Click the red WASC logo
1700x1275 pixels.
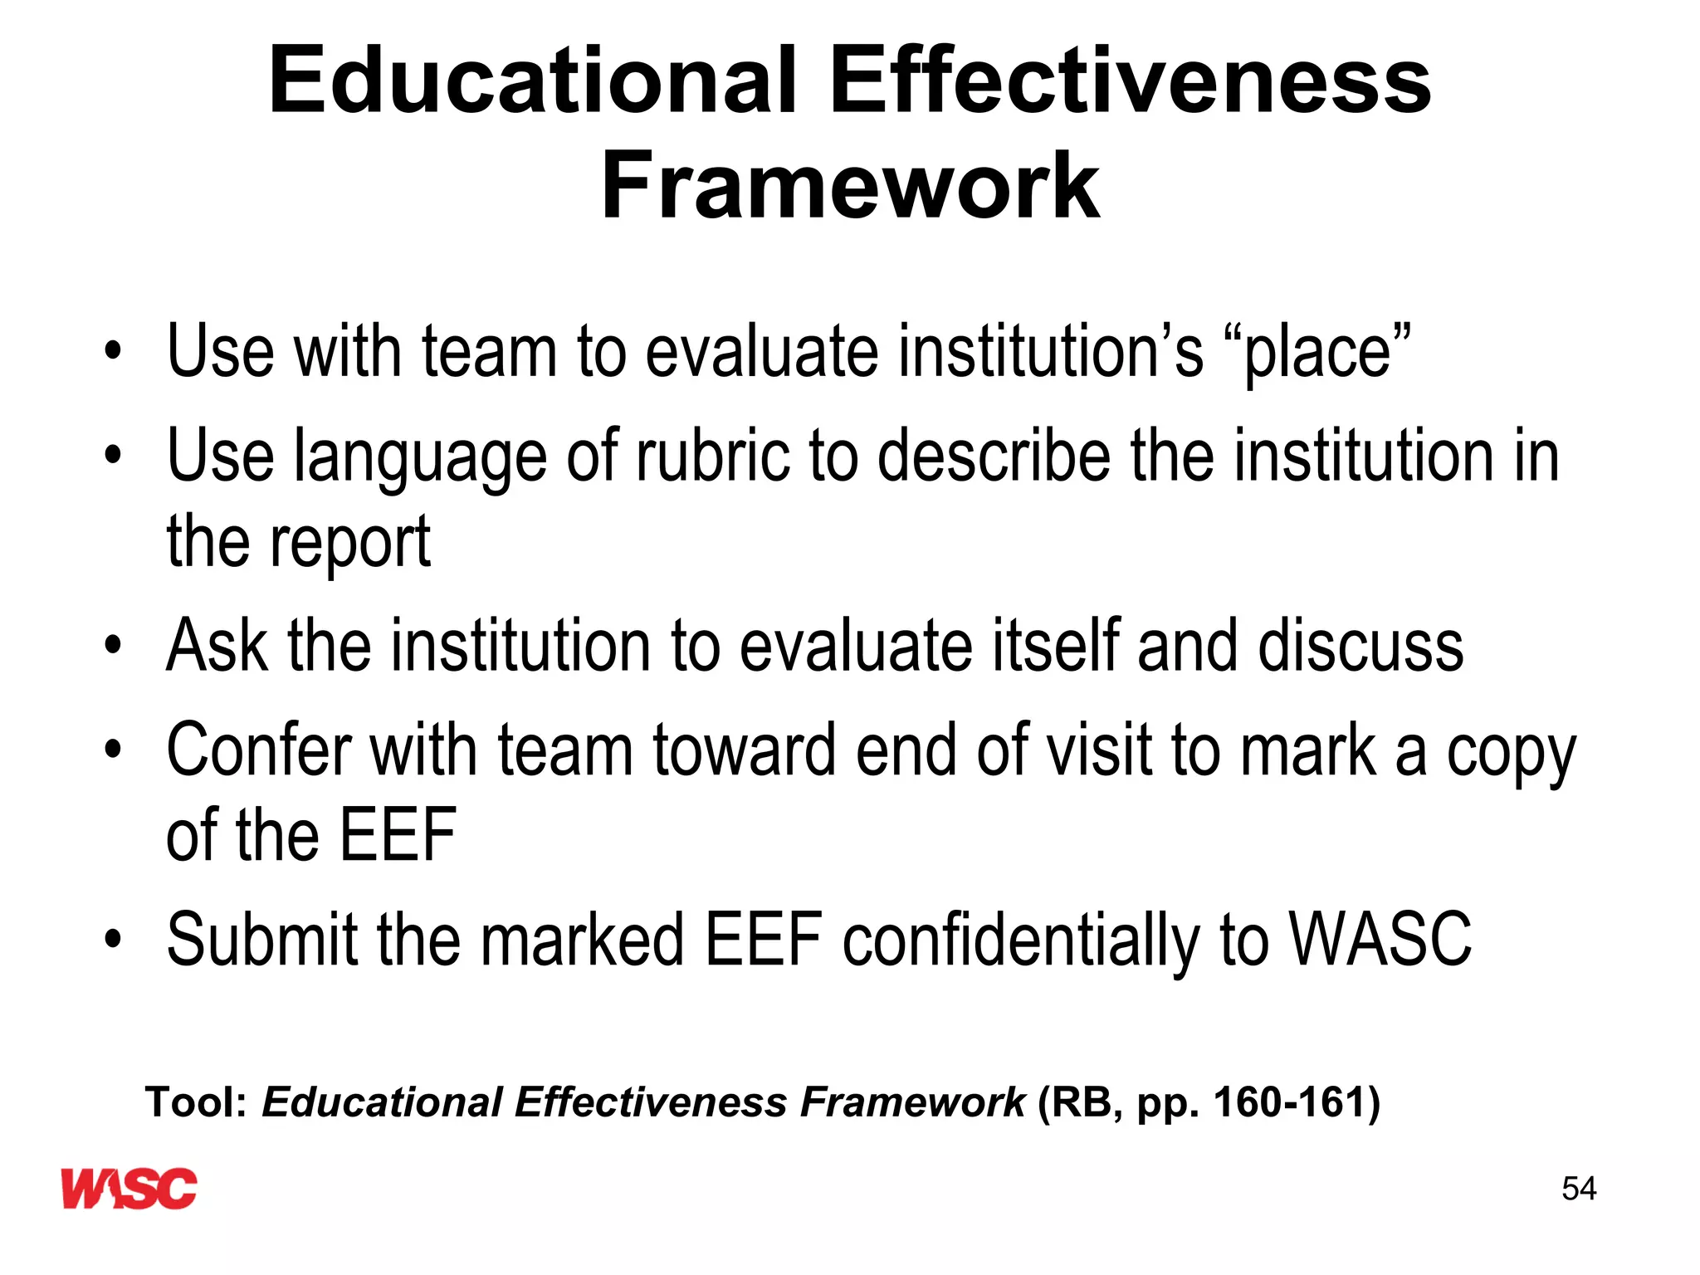pyautogui.click(x=129, y=1188)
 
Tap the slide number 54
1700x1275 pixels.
pyautogui.click(x=1578, y=1189)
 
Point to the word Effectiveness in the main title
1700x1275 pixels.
pyautogui.click(x=1130, y=81)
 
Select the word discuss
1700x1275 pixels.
pyautogui.click(x=1360, y=645)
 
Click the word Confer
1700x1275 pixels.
pyautogui.click(x=258, y=750)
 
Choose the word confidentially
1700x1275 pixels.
pyautogui.click(x=1022, y=940)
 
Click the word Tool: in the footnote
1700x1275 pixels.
pyautogui.click(x=197, y=1102)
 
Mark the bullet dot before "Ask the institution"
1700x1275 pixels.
pyautogui.click(x=113, y=645)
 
